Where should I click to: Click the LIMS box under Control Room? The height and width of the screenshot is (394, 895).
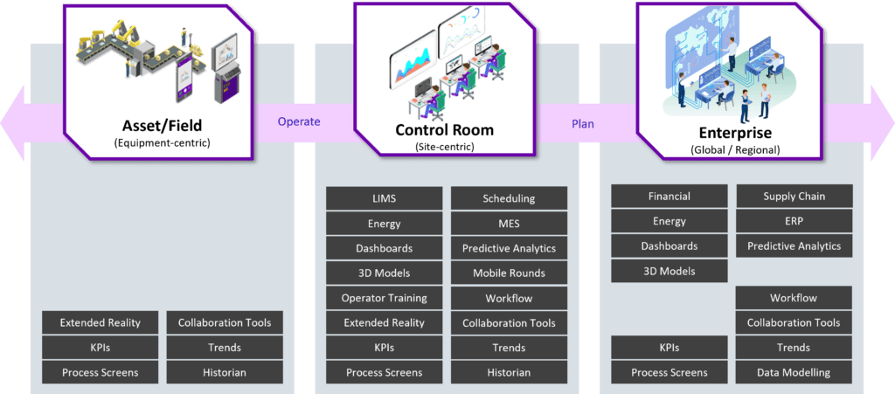[384, 198]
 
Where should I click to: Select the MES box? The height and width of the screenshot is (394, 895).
[509, 224]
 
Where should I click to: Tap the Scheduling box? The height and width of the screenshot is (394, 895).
[509, 198]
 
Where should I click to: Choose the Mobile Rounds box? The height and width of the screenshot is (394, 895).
[509, 273]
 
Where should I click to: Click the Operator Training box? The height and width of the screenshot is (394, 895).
[384, 298]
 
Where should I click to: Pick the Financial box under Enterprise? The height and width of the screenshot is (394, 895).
[669, 197]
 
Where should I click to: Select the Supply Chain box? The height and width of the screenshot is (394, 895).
[794, 197]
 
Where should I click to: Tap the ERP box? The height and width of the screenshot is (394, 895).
[794, 221]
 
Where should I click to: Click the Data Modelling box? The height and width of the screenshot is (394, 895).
[794, 372]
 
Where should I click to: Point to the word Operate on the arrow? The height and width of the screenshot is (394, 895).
[299, 122]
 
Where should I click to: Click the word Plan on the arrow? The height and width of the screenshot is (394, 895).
[582, 124]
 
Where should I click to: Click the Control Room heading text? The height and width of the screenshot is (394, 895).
[444, 130]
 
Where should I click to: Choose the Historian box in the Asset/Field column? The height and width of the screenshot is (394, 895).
[225, 372]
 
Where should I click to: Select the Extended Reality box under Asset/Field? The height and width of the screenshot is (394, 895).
[100, 322]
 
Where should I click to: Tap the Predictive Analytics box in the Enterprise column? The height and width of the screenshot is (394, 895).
[794, 246]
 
